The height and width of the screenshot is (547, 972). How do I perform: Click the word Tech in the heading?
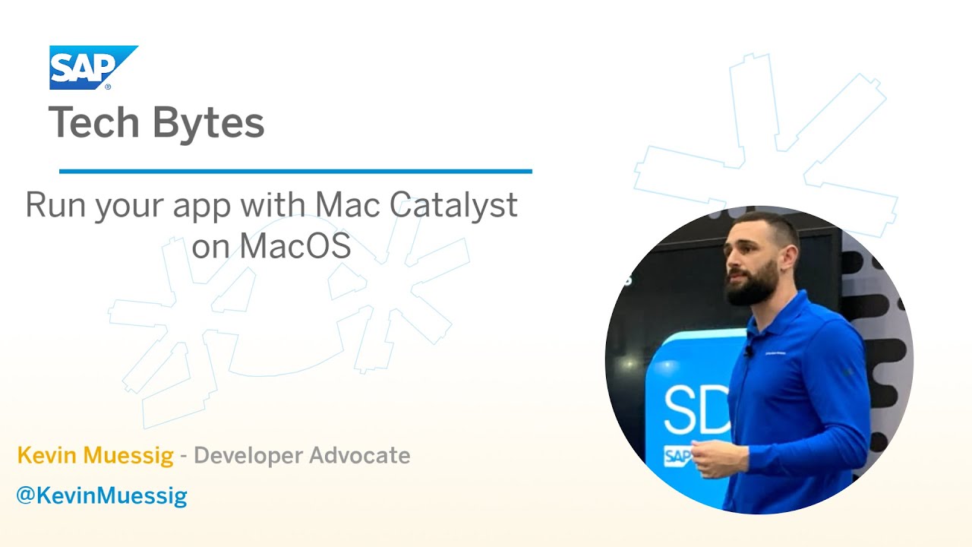(x=95, y=123)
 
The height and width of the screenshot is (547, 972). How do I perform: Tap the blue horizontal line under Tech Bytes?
(x=295, y=172)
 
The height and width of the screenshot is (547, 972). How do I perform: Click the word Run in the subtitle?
(x=55, y=206)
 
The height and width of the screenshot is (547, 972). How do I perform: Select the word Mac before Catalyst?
(x=342, y=206)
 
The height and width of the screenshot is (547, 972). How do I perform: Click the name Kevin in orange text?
(x=48, y=456)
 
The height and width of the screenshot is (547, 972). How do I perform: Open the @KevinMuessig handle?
(x=102, y=497)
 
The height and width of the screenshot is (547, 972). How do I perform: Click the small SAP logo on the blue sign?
(x=678, y=456)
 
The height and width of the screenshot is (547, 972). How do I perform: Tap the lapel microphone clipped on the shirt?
(x=750, y=352)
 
